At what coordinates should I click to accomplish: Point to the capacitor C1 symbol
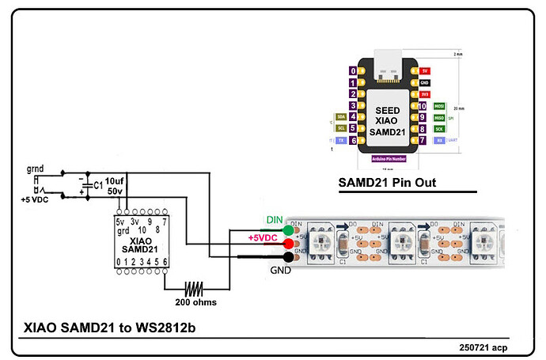point(84,185)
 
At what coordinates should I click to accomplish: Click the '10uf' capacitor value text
point(114,181)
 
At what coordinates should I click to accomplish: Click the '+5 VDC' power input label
point(38,200)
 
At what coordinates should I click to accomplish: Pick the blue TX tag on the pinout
point(341,140)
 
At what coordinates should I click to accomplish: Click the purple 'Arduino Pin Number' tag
point(388,158)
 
